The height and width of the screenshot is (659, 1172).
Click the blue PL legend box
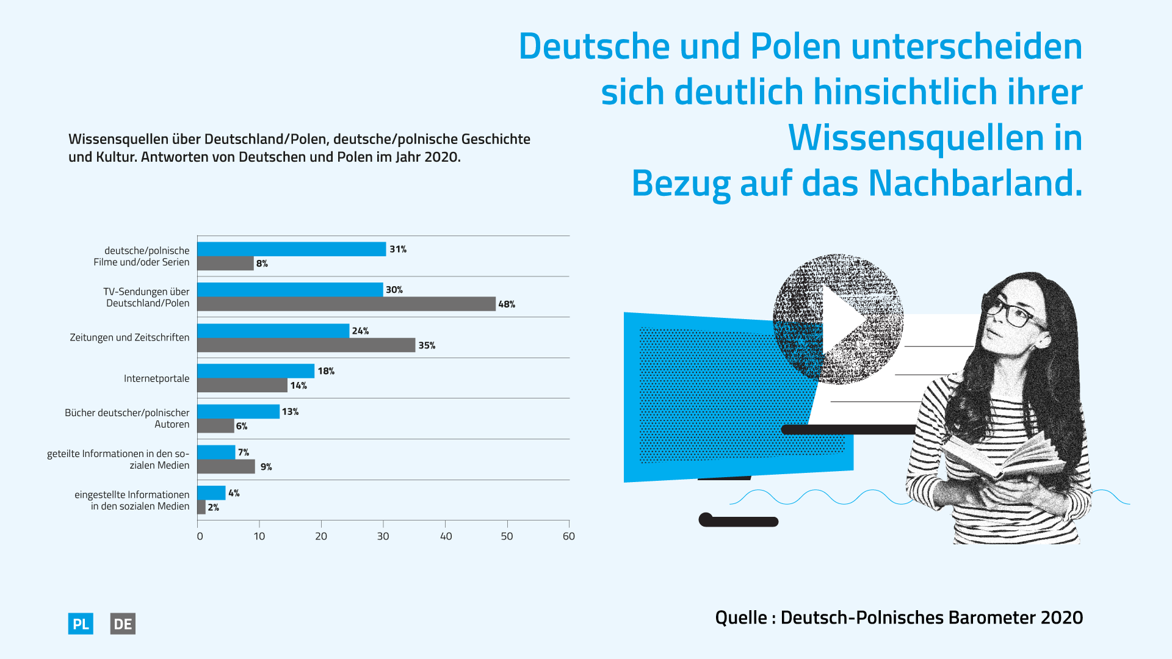(x=81, y=624)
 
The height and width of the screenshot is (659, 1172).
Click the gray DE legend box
(x=123, y=624)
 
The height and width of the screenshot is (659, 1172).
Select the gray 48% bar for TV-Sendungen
(x=346, y=304)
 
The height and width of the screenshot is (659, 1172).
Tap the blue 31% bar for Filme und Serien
(x=291, y=249)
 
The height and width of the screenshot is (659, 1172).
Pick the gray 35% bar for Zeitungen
(x=306, y=345)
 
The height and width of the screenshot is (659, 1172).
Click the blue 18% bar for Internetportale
(x=256, y=371)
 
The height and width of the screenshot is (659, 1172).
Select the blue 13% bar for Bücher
(x=238, y=412)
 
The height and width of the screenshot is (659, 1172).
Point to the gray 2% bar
(x=201, y=507)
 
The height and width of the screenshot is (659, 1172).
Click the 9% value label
(x=266, y=467)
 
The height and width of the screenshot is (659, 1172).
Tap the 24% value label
(x=360, y=331)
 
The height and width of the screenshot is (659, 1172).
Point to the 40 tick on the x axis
(x=446, y=536)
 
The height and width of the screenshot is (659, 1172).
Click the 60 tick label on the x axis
(x=569, y=536)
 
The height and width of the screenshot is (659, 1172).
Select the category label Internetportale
(x=156, y=378)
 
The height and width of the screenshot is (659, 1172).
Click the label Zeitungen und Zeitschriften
(x=129, y=337)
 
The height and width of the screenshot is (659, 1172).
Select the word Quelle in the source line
(x=741, y=618)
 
